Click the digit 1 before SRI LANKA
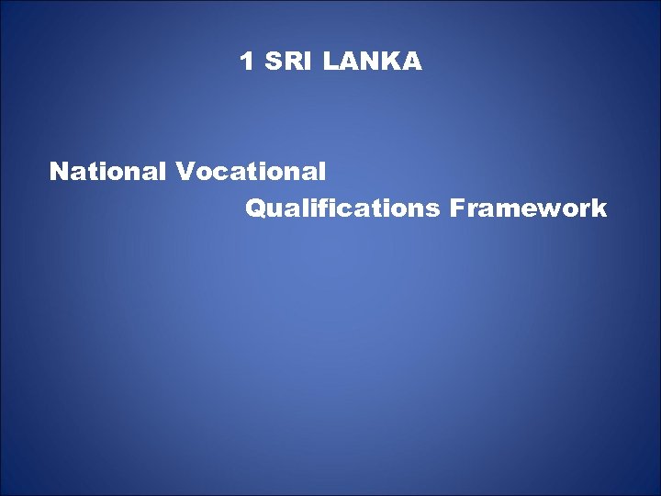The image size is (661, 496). (246, 62)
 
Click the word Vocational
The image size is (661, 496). (251, 171)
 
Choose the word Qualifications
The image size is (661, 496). (342, 209)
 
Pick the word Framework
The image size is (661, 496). (529, 209)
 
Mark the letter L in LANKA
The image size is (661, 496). (330, 62)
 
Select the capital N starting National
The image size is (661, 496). (59, 171)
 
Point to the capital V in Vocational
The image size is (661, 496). (185, 171)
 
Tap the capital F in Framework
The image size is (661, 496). (456, 209)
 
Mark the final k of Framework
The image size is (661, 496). (599, 209)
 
